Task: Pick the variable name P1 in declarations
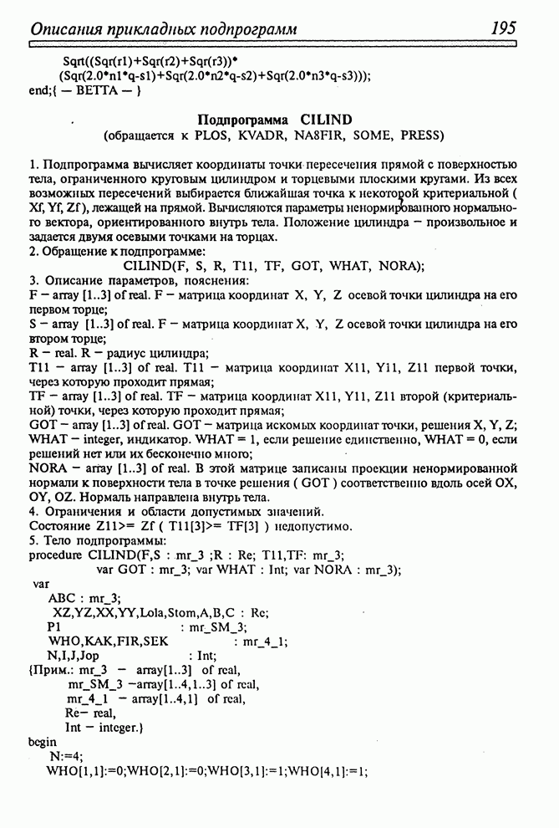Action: click(x=55, y=626)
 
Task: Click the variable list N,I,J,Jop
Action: click(x=74, y=656)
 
